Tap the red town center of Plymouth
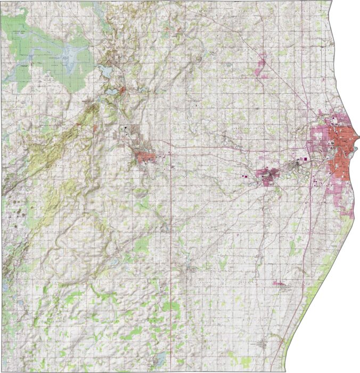pos(145,157)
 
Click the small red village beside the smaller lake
pos(123,91)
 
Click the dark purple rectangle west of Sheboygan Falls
pos(246,176)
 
